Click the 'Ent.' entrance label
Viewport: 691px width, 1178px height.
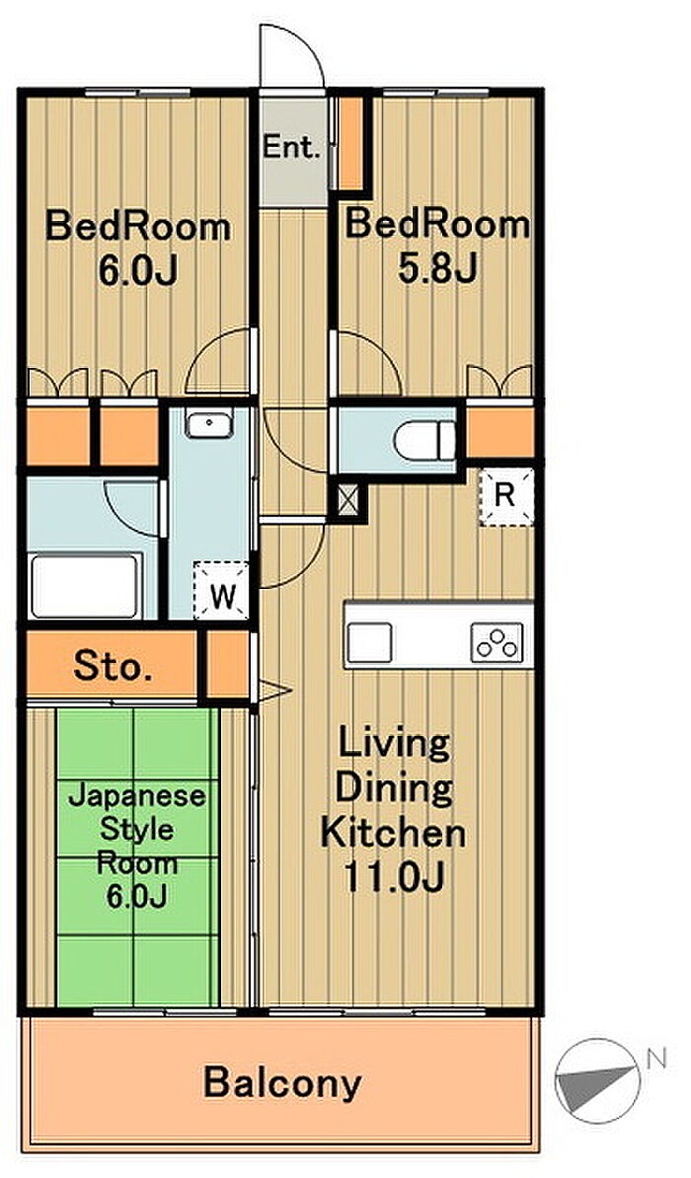click(x=291, y=146)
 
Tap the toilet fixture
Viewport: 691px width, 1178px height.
click(x=425, y=441)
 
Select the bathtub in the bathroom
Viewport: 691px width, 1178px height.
click(x=85, y=585)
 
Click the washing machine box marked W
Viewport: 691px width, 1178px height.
click(x=221, y=591)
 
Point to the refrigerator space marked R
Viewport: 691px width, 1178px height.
click(x=506, y=496)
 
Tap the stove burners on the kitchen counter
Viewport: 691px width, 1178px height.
click(x=497, y=643)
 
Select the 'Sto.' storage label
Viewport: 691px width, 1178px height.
click(x=113, y=666)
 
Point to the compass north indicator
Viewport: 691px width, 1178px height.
click(x=598, y=1080)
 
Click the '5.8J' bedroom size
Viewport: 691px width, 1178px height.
click(x=437, y=269)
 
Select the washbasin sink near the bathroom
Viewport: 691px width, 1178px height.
click(x=210, y=425)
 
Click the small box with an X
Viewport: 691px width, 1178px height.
click(x=347, y=501)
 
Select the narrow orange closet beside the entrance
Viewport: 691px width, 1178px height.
click(x=350, y=143)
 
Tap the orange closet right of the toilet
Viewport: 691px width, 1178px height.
click(x=500, y=433)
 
